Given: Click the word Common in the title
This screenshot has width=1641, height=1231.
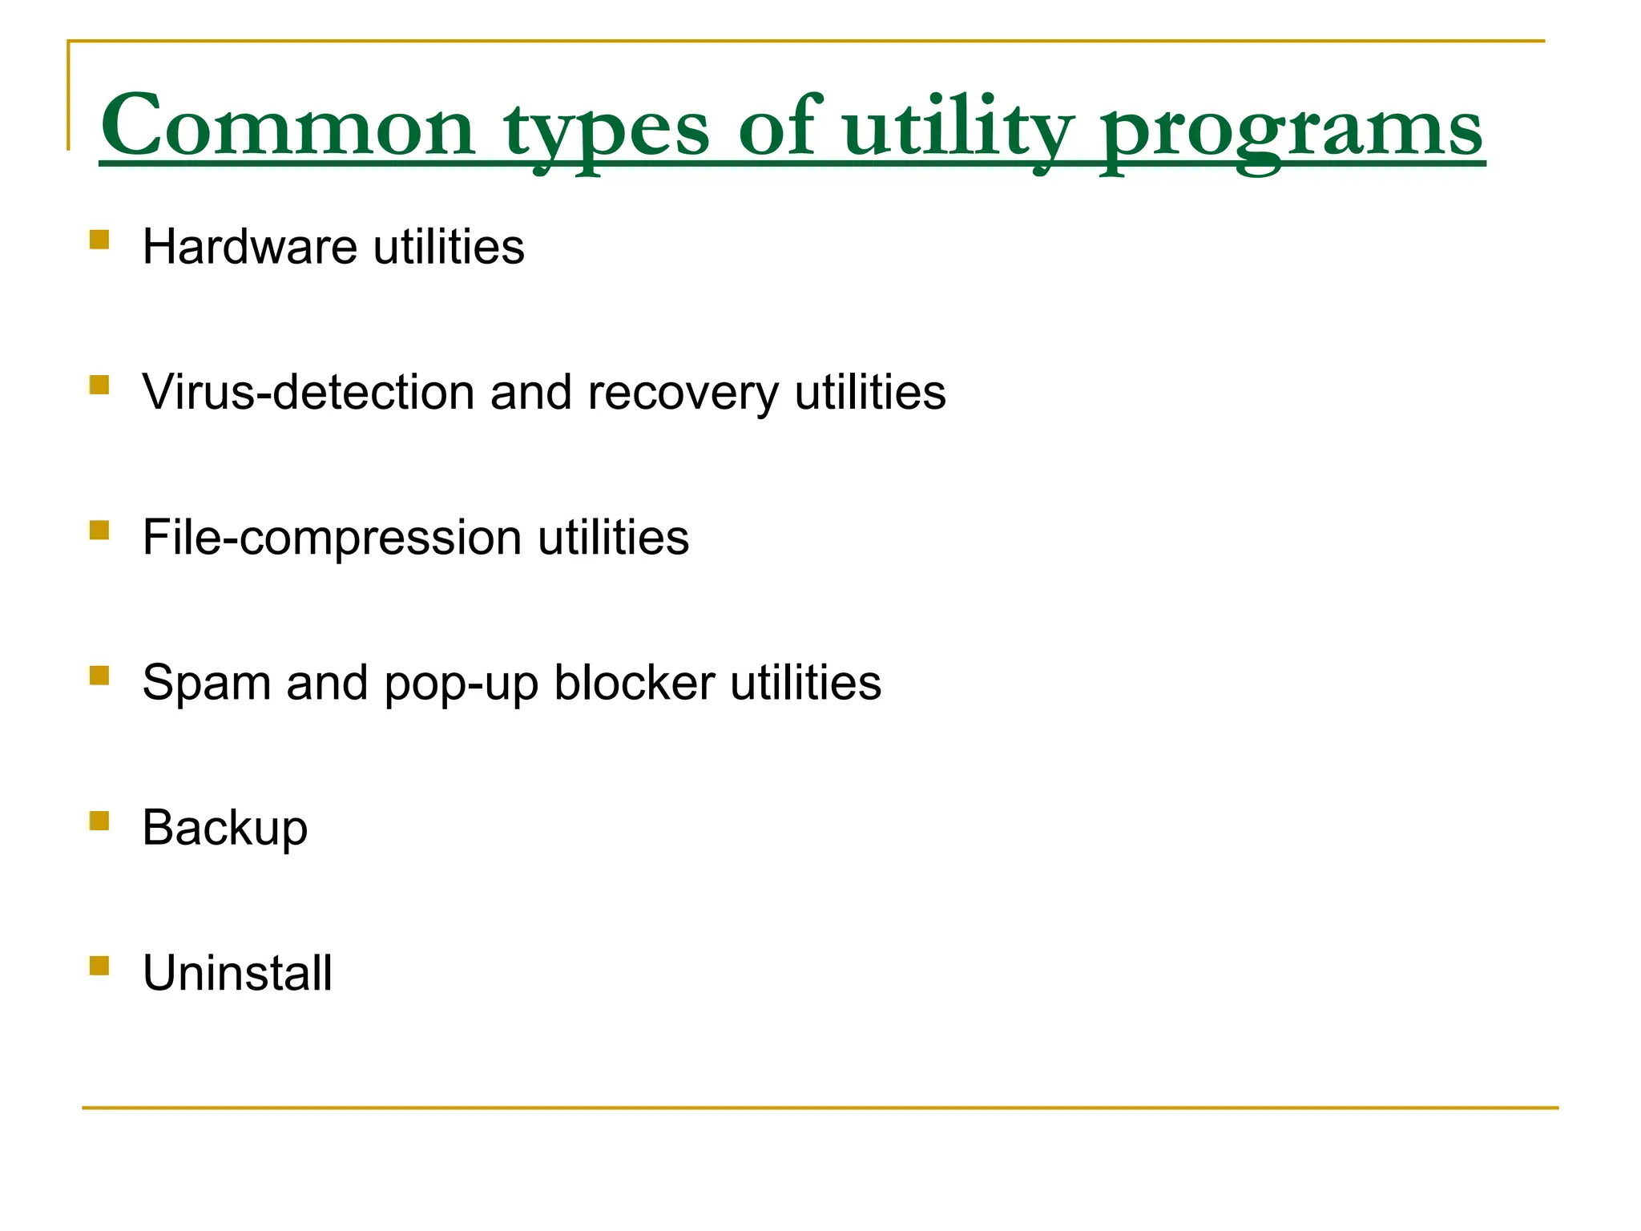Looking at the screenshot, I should point(288,127).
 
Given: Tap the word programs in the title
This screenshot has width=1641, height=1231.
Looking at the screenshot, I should point(1291,128).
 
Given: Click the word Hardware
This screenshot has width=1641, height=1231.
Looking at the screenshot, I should point(249,246).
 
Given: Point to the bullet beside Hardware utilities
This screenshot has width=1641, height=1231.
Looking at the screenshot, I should point(99,240).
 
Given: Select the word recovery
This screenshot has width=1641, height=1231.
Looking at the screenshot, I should point(683,394).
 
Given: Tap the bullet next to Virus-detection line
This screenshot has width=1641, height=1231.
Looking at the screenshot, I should point(99,385).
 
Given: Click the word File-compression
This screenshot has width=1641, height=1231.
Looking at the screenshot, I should point(332,537).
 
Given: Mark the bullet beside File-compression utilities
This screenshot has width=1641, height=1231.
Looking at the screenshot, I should point(99,531).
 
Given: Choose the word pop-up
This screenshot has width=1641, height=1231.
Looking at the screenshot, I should point(461,684).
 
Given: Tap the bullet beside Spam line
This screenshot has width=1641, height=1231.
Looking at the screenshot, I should point(99,676).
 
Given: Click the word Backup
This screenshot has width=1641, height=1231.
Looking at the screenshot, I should point(224,828).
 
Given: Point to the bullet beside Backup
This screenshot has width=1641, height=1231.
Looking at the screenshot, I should point(99,821).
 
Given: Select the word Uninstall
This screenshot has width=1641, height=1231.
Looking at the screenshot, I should point(237,973).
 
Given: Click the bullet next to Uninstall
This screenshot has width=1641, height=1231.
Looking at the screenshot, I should point(99,966).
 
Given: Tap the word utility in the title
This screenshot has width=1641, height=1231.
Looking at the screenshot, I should point(958,128).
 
